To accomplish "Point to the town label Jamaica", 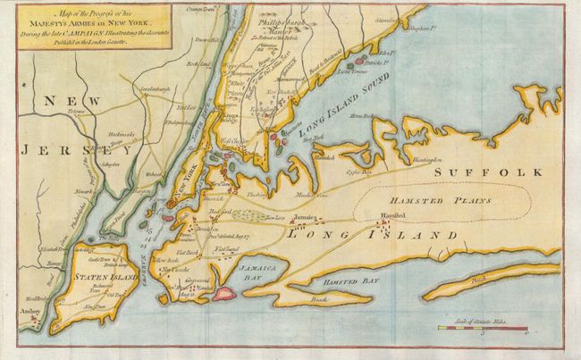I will pyautogui.click(x=304, y=215).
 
